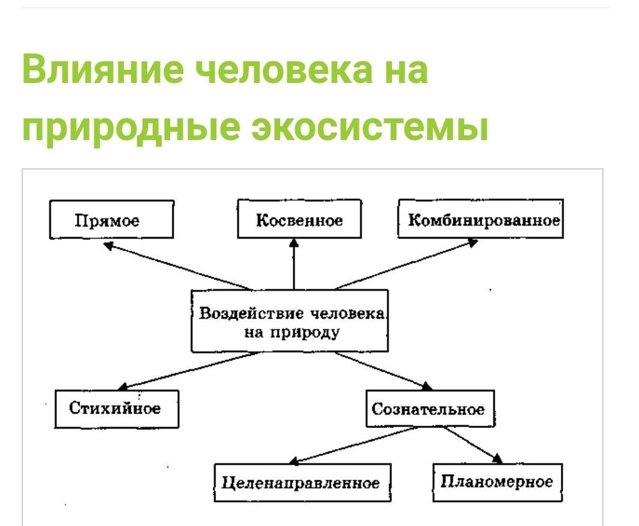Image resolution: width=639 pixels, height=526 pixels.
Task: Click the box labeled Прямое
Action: tap(111, 220)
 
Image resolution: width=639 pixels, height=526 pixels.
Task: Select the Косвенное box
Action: tap(299, 219)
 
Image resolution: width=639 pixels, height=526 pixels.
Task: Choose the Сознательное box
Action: tap(428, 409)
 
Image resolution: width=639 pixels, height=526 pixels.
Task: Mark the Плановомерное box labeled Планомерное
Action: tap(497, 482)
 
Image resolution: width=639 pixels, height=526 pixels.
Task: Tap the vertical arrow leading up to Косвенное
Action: tap(294, 265)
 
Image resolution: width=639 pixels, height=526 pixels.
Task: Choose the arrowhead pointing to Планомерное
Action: tap(497, 459)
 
